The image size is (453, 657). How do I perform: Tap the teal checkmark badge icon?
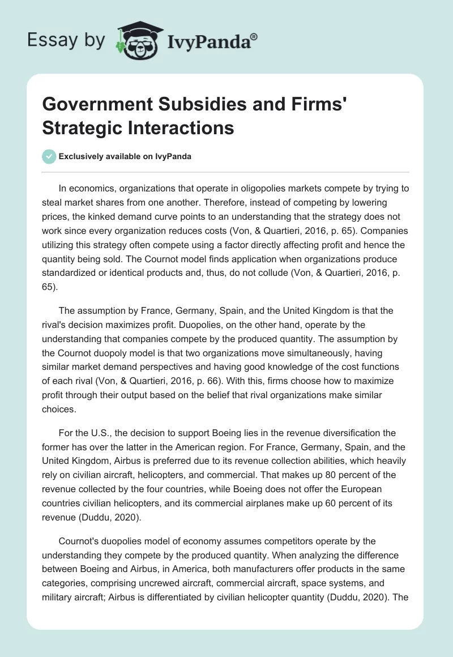tap(49, 156)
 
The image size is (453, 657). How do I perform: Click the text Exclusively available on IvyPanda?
tap(125, 156)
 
